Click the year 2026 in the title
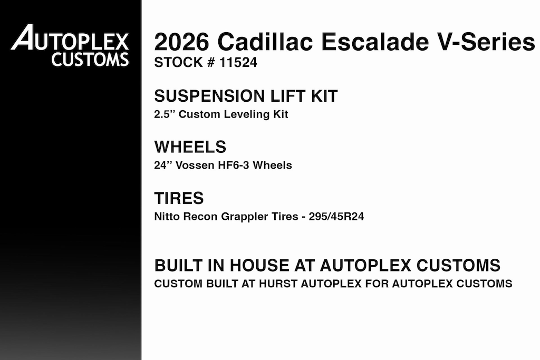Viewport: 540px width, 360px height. pyautogui.click(x=181, y=42)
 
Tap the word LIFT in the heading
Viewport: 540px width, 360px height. pyautogui.click(x=285, y=96)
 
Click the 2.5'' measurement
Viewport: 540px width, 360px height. pyautogui.click(x=165, y=114)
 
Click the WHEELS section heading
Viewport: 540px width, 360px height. pyautogui.click(x=190, y=147)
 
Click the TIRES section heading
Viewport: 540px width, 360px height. pyautogui.click(x=179, y=198)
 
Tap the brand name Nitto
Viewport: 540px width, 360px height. pyautogui.click(x=167, y=217)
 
